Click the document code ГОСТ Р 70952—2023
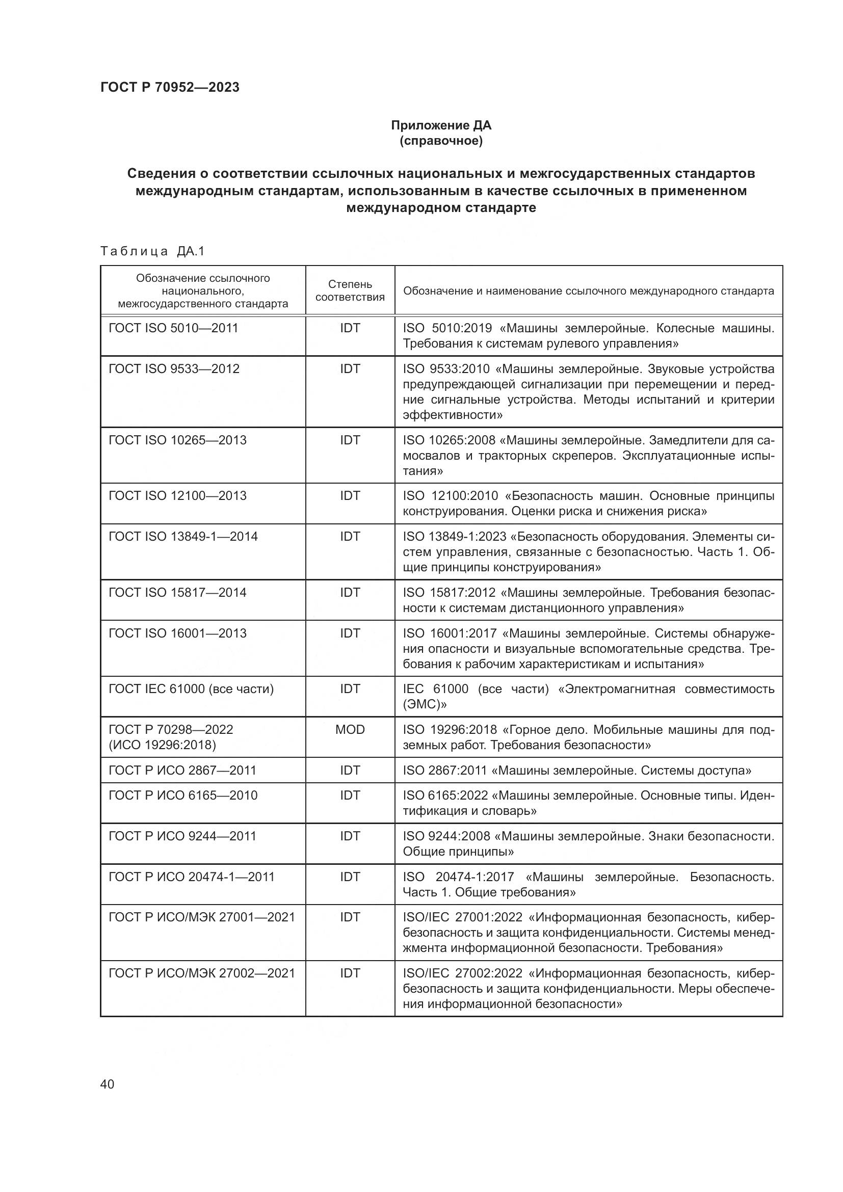pos(170,87)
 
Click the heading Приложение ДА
pos(441,125)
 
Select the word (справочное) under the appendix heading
pos(441,141)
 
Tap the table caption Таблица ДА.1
pos(152,251)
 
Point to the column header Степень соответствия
pos(350,290)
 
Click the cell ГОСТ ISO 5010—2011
pos(173,328)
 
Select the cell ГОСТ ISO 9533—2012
pos(174,368)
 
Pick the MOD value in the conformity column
pos(350,729)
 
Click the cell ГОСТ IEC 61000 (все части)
pos(191,689)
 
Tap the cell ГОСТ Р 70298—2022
pos(171,729)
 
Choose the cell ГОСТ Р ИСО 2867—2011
pos(182,771)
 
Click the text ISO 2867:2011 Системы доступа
pos(577,771)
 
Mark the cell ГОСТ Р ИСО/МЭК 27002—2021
pos(201,973)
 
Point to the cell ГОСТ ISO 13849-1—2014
pos(183,536)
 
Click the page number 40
pos(107,1084)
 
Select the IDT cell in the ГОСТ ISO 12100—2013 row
pos(350,496)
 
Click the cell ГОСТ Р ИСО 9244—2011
pos(182,836)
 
